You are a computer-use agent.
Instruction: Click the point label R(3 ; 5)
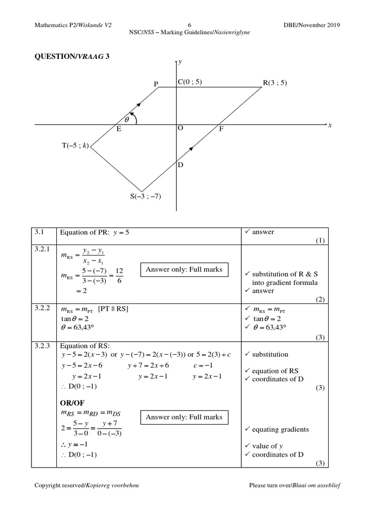(x=275, y=83)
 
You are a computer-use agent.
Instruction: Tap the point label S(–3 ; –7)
(x=146, y=196)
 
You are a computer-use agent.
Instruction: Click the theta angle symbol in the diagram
(x=127, y=120)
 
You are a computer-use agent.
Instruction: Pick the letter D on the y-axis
(x=181, y=165)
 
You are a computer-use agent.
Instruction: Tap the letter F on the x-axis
(x=222, y=129)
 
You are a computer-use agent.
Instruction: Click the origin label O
(x=181, y=128)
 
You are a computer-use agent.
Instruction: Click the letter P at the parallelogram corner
(x=156, y=84)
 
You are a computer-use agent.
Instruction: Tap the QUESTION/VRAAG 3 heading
(x=71, y=56)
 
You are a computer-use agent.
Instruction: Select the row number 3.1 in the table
(x=39, y=232)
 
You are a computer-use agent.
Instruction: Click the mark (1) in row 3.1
(x=320, y=241)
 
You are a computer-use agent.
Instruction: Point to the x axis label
(x=330, y=125)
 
